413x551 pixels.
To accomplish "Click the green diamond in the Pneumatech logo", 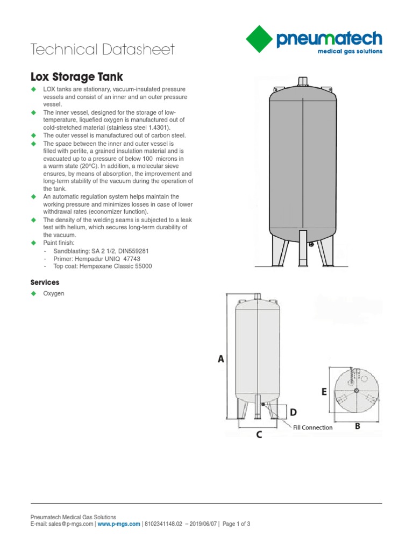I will point(262,40).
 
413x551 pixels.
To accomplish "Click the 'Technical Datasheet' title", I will point(103,50).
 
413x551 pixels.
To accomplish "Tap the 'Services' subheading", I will point(45,282).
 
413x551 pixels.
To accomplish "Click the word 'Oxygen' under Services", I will point(54,294).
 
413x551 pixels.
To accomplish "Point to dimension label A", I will point(220,359).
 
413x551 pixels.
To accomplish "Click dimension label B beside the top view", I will point(357,426).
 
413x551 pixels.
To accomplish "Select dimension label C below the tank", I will point(259,435).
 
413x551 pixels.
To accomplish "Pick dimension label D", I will point(293,412).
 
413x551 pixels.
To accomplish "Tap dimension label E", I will point(324,392).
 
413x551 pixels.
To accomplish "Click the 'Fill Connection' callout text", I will point(312,428).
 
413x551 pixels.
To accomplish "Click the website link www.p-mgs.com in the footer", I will point(118,524).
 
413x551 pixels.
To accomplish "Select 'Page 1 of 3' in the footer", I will point(236,524).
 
